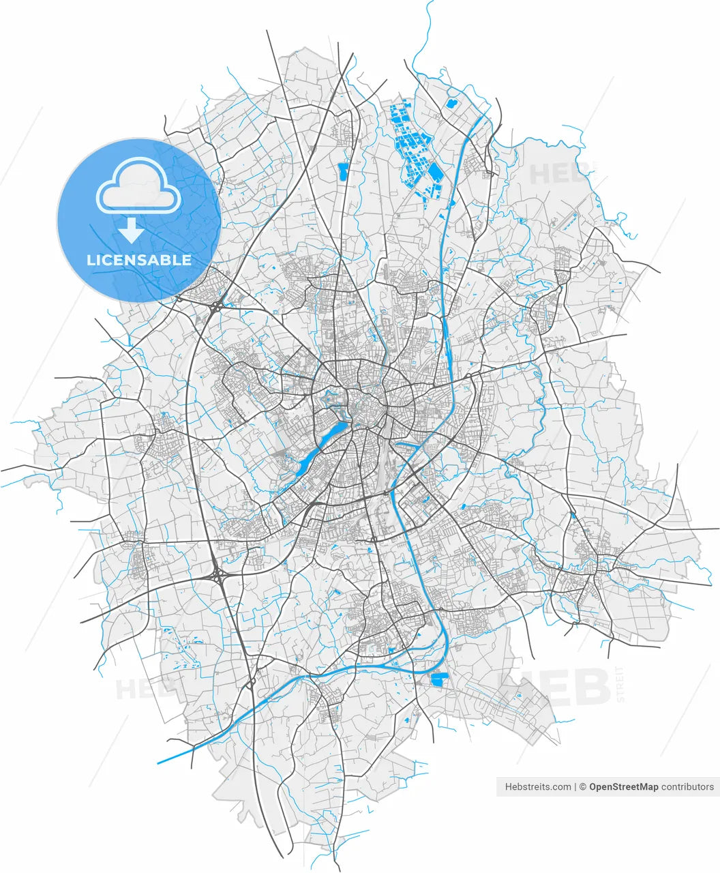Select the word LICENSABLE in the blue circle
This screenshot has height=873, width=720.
point(139,260)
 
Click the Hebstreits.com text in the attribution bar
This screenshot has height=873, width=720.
point(538,786)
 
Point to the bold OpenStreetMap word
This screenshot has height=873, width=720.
point(623,786)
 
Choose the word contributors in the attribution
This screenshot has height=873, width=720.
point(687,786)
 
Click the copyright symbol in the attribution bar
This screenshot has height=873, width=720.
point(583,786)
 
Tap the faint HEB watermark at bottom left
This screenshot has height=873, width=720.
point(140,690)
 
